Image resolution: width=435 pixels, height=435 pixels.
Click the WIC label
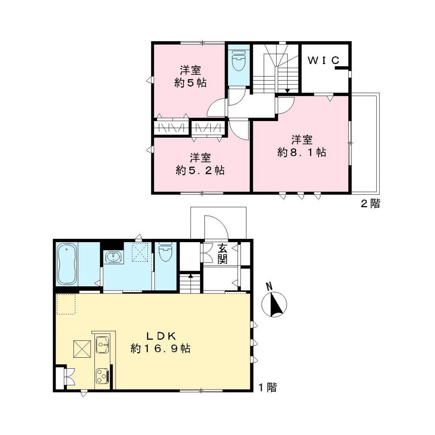click(x=324, y=60)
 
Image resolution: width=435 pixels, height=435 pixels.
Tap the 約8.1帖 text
click(x=302, y=153)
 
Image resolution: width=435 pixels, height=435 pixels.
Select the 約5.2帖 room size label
click(x=201, y=171)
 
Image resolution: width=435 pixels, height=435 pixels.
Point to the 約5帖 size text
click(x=190, y=83)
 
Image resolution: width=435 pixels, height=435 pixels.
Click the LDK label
click(x=161, y=336)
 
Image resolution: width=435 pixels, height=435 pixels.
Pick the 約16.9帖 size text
click(x=161, y=349)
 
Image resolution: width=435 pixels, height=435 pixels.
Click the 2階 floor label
click(x=370, y=203)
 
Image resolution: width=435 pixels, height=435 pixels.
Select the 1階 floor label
click(x=268, y=387)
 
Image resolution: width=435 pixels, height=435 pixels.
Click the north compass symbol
click(x=274, y=305)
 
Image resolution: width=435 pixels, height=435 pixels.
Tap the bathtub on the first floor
click(x=67, y=264)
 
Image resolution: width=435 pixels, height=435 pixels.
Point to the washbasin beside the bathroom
click(x=113, y=257)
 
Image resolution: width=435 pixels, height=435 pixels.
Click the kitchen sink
click(x=102, y=345)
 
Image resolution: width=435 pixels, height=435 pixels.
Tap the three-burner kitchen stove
click(x=102, y=375)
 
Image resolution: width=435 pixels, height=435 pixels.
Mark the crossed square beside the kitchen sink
click(x=82, y=349)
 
